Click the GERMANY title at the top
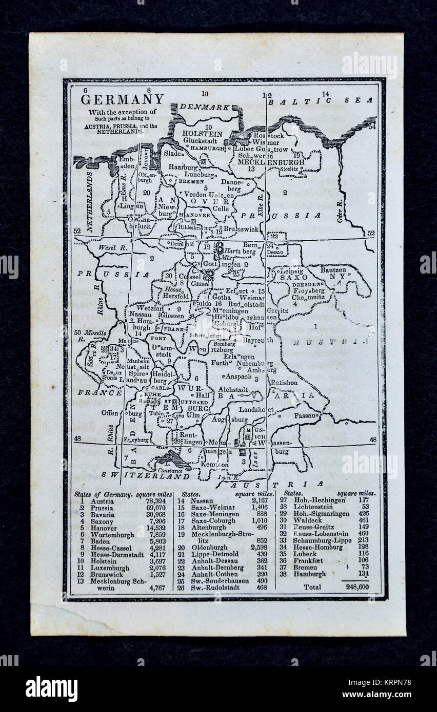(x=122, y=99)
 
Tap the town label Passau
(x=306, y=415)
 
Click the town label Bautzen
(x=333, y=269)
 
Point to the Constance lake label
(x=170, y=470)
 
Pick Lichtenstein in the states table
(x=312, y=507)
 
